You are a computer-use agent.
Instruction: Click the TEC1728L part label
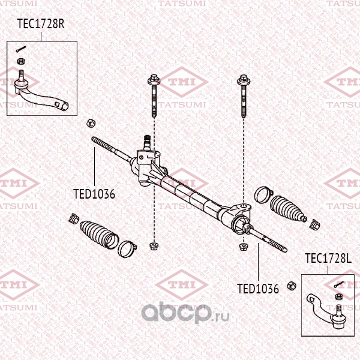pos(328,259)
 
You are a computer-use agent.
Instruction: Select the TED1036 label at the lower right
pos(258,289)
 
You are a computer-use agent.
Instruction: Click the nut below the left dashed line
pos(154,245)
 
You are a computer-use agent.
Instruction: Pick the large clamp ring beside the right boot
pos(263,194)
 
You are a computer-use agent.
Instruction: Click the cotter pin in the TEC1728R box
pos(22,50)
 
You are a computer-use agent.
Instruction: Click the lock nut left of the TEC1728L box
pos(291,285)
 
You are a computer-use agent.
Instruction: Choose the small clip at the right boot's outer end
pos(315,224)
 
